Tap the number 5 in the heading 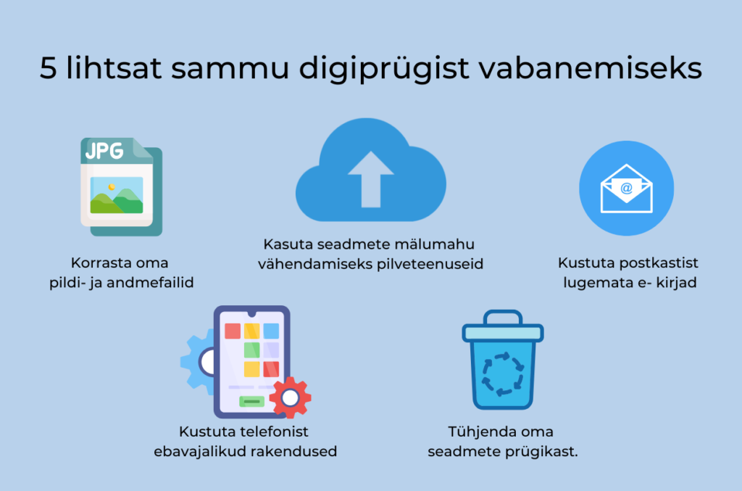[49, 67]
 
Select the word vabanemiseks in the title [590, 67]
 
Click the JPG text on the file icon [104, 151]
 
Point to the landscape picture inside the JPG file [117, 195]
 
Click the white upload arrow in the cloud [370, 179]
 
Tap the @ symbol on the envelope [627, 189]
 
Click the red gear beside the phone [290, 397]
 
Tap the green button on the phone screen [251, 402]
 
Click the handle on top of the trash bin [503, 317]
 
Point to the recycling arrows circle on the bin [503, 374]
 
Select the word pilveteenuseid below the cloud [430, 264]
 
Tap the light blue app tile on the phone [271, 331]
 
